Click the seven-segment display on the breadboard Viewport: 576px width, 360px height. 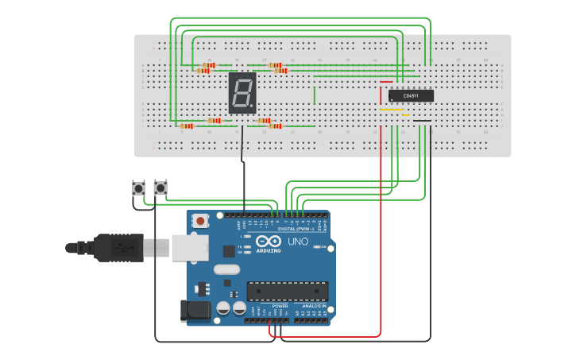click(242, 93)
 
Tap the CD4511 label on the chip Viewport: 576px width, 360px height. click(411, 95)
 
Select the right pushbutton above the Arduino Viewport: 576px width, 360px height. click(160, 188)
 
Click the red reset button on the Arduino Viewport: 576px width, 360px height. click(200, 220)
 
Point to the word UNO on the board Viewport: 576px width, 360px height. click(297, 242)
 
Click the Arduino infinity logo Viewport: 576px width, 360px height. click(269, 241)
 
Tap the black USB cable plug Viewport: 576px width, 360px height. click(119, 247)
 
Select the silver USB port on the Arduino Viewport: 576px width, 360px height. click(187, 248)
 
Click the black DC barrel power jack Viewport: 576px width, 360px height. click(196, 311)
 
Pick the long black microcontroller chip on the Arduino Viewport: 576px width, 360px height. click(287, 291)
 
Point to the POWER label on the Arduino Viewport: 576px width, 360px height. click(280, 305)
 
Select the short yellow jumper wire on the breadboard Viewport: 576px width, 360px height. click(394, 110)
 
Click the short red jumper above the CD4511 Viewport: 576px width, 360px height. click(386, 81)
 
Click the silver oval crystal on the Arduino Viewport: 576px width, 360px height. click(226, 269)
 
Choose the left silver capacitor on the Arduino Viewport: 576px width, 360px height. click(224, 307)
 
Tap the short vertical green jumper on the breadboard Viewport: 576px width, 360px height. click(315, 95)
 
